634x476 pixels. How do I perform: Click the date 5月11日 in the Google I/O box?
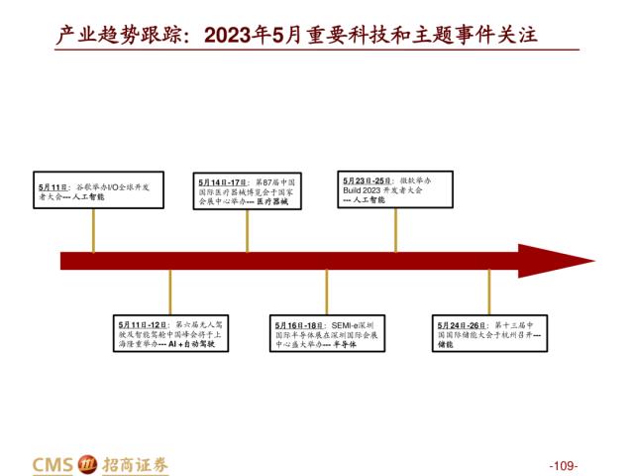53,187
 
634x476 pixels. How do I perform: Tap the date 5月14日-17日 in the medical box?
223,182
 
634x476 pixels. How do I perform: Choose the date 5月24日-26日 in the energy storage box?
463,324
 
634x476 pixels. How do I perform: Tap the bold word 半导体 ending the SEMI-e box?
342,344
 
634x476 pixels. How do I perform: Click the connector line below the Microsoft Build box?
395,230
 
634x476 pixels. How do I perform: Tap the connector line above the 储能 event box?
488,293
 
